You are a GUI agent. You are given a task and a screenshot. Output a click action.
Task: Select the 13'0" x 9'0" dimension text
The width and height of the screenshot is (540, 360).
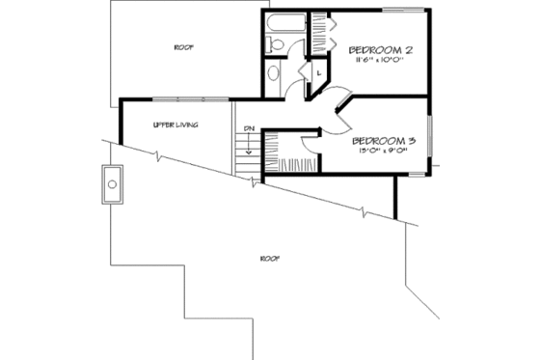pyautogui.click(x=383, y=150)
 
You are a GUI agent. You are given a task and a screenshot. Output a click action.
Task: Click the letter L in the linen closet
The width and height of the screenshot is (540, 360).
pyautogui.click(x=316, y=71)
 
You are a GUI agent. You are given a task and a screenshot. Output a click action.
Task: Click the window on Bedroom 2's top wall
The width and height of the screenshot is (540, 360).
pyautogui.click(x=403, y=13)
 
